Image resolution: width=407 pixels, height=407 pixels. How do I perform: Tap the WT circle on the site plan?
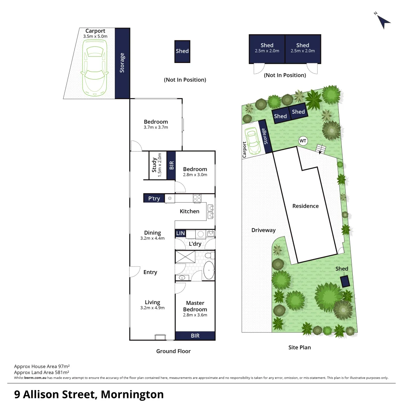tap(303, 141)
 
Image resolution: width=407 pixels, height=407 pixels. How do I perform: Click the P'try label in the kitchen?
tap(154, 198)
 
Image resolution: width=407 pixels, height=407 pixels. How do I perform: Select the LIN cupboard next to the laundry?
tap(181, 234)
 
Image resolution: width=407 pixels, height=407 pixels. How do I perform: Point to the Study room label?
tap(155, 165)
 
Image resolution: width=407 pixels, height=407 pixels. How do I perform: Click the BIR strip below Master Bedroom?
tap(195, 336)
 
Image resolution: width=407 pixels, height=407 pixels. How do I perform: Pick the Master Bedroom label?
tap(195, 306)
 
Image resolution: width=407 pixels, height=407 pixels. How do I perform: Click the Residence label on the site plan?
tap(306, 206)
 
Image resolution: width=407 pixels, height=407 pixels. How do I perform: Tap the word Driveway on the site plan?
tap(264, 230)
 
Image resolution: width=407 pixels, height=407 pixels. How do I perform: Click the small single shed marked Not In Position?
tap(182, 51)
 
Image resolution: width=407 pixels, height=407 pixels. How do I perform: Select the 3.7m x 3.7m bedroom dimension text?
tap(156, 127)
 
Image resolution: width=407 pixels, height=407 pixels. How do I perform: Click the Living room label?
tap(152, 302)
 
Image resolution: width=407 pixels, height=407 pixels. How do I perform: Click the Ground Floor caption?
tap(173, 351)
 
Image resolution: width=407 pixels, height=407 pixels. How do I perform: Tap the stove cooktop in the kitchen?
tap(197, 198)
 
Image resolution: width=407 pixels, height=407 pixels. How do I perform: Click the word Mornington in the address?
tap(132, 395)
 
